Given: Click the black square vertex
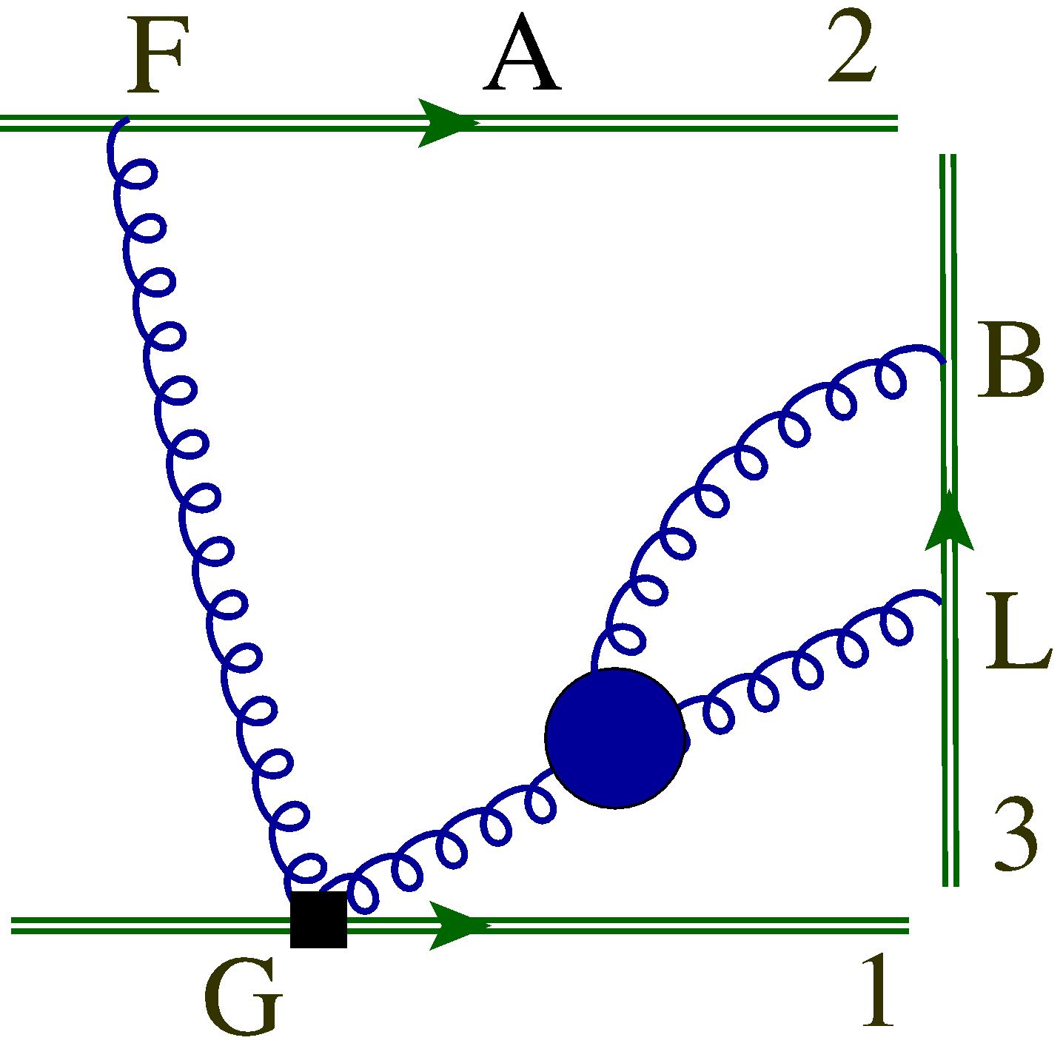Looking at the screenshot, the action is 318,919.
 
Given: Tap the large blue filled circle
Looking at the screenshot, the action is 614,737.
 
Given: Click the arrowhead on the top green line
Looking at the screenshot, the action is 444,123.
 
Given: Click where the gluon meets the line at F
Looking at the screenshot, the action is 126,121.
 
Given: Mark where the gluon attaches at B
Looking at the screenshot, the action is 945,363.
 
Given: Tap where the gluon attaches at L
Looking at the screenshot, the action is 942,603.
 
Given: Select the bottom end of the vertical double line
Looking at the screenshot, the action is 951,884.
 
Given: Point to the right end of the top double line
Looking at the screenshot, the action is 896,123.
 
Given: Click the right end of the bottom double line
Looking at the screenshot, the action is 907,925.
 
